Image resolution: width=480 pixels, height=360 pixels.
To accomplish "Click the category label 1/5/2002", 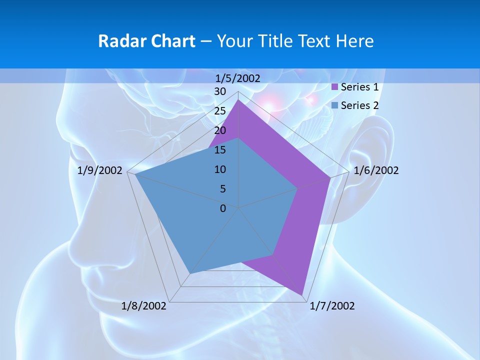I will tap(238, 78).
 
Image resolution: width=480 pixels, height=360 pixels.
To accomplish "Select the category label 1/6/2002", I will tap(376, 170).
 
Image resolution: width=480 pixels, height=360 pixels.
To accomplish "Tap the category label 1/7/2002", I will tap(332, 306).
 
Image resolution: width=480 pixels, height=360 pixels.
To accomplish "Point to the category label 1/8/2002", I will tap(144, 306).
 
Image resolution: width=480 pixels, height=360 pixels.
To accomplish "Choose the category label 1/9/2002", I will tap(100, 170).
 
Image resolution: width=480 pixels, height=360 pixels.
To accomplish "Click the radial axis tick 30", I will tap(220, 91).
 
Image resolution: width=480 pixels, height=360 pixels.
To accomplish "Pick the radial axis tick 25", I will tap(220, 111).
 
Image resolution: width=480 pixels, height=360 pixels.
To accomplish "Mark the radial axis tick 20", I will tap(220, 130).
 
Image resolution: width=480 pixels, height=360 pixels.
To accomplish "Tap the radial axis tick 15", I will tap(220, 150).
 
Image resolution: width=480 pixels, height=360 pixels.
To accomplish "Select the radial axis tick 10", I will tap(220, 169).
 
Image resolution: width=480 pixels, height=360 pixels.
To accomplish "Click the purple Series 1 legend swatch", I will tap(335, 87).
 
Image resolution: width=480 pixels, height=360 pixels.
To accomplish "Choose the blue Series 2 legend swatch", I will tap(335, 105).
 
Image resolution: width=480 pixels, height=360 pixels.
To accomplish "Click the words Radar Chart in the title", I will tap(146, 41).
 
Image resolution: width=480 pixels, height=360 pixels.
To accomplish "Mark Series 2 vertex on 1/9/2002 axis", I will tap(135, 175).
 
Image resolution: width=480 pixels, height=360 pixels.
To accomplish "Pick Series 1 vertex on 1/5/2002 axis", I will tap(238, 100).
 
